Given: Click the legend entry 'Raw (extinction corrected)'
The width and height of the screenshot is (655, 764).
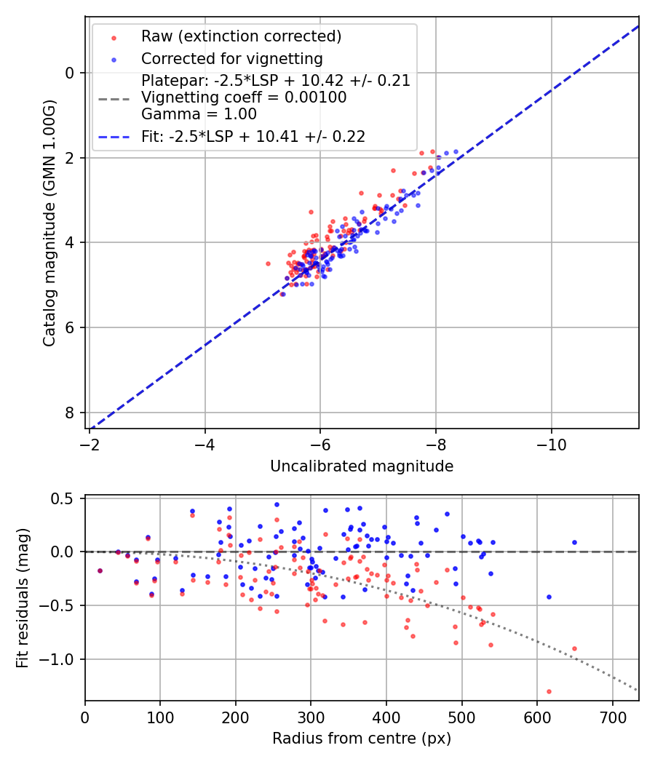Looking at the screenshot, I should click(241, 36).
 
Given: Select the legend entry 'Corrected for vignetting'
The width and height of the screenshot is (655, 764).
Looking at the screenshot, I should click(231, 58).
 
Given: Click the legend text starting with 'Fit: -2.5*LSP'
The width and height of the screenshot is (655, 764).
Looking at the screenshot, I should click(253, 136).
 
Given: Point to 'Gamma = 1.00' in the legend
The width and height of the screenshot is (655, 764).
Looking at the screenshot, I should click(199, 114).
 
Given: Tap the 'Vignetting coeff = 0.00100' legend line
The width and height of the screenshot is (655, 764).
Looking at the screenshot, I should click(244, 98).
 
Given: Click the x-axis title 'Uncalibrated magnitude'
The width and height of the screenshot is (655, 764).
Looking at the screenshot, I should click(362, 466).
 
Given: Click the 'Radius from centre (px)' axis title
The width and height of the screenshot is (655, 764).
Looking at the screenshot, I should click(362, 739).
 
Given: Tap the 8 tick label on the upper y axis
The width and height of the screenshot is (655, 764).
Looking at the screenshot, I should click(70, 413).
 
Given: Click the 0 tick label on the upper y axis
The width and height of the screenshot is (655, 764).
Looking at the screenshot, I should click(70, 73).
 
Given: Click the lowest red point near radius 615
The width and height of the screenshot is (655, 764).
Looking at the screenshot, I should click(549, 691).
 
